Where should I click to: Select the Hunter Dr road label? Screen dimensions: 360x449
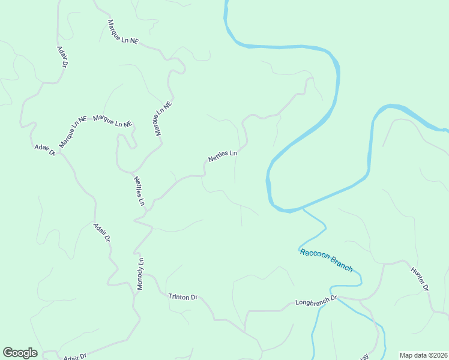click(x=419, y=279)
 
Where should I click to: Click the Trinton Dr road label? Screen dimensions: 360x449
click(x=183, y=297)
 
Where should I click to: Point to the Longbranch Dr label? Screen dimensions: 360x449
click(x=317, y=301)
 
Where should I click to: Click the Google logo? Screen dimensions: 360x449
click(x=20, y=353)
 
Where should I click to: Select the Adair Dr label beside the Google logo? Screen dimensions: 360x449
click(x=75, y=356)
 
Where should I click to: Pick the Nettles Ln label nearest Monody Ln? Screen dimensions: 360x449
click(x=139, y=191)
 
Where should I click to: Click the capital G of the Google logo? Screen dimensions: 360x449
click(x=8, y=353)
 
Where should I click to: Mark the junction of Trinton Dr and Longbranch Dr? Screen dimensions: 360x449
click(x=245, y=329)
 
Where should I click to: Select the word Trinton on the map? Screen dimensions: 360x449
click(x=179, y=296)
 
